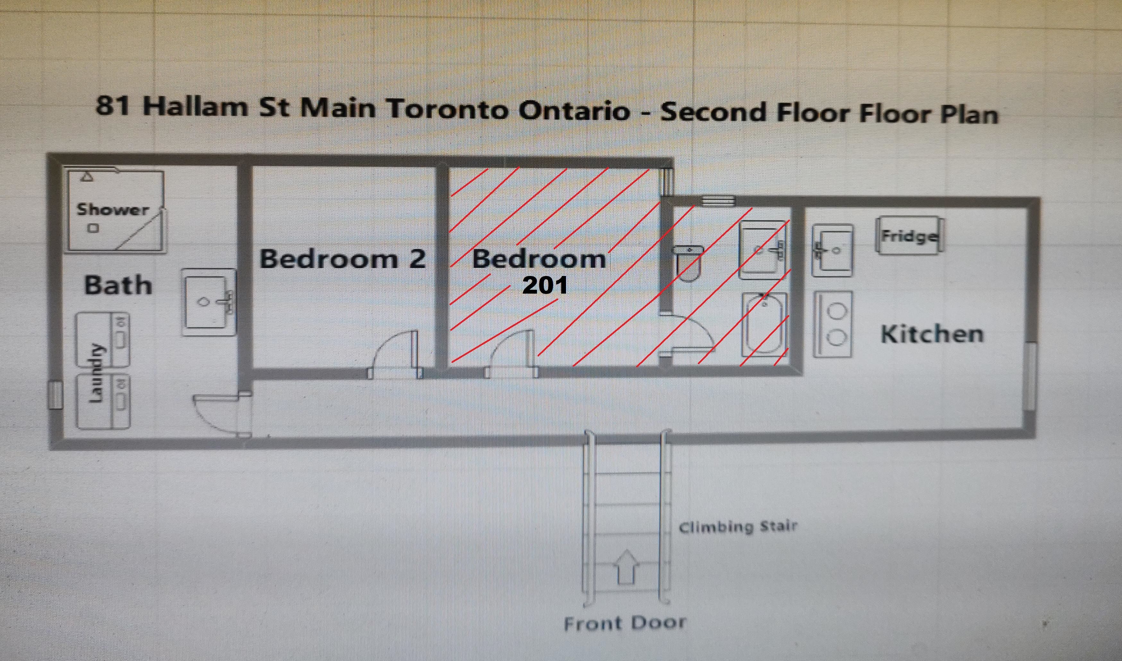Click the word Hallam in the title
click(195, 107)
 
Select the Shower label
click(113, 209)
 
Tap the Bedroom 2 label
click(342, 259)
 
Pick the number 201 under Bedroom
click(545, 286)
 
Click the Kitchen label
click(932, 334)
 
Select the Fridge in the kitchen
click(910, 236)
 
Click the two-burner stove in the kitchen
click(833, 324)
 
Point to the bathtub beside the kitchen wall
click(765, 324)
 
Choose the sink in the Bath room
click(209, 302)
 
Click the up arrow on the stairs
click(626, 566)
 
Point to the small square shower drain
click(93, 229)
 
